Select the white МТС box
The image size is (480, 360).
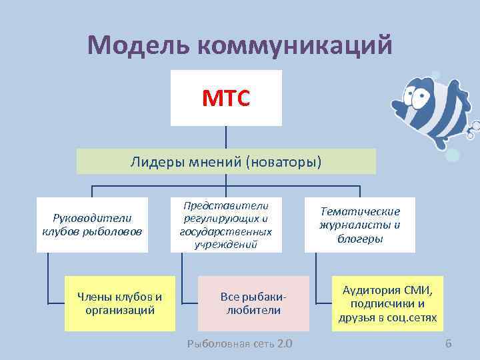(x=226, y=98)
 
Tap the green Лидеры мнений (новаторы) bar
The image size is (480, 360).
(x=226, y=161)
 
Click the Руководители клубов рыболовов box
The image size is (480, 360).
(x=92, y=225)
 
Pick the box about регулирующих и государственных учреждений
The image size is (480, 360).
(x=226, y=225)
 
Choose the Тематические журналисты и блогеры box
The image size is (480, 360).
(x=360, y=225)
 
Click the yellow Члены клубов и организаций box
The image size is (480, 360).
(x=120, y=303)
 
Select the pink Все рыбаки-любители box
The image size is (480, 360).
(x=253, y=303)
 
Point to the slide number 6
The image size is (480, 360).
(x=448, y=344)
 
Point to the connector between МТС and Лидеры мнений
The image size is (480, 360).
(x=226, y=137)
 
